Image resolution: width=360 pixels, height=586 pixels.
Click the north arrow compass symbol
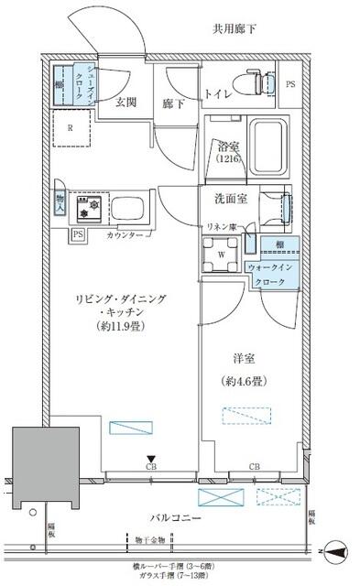pyautogui.click(x=335, y=552)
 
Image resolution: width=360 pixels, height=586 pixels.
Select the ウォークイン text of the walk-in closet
pyautogui.click(x=268, y=266)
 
